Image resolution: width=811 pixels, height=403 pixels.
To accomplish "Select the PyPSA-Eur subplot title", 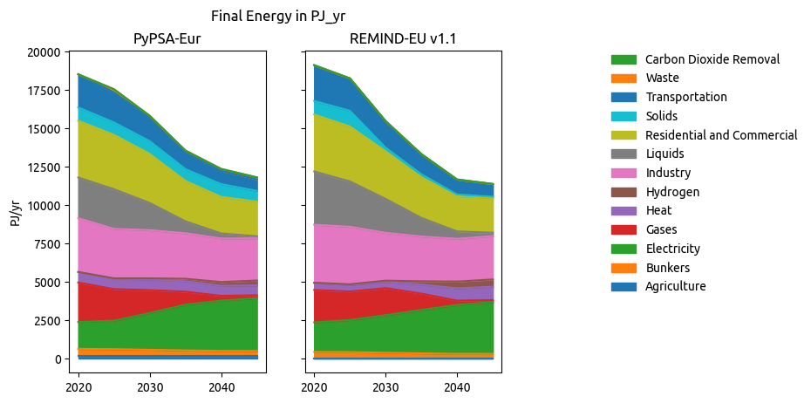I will (160, 38).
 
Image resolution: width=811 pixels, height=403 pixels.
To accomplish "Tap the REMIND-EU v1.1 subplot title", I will (403, 38).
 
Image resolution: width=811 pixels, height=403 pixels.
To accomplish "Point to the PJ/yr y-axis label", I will (16, 212).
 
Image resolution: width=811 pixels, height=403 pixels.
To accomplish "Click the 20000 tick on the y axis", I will (41, 52).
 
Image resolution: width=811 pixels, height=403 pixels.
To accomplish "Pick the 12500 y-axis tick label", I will (41, 167).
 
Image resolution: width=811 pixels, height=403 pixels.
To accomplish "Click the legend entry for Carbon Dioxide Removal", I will (712, 59).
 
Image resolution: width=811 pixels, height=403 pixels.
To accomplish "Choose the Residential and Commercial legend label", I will (721, 135).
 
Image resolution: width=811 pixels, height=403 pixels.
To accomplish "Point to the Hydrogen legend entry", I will (672, 192).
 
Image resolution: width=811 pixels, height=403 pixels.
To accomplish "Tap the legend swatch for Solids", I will (624, 116).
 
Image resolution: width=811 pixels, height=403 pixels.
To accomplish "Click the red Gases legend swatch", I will (624, 229).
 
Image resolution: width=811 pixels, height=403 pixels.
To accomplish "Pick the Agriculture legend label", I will (676, 286).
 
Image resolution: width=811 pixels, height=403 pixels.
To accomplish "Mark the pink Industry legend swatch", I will (624, 173).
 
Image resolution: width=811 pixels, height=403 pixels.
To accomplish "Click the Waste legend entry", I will (663, 79).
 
